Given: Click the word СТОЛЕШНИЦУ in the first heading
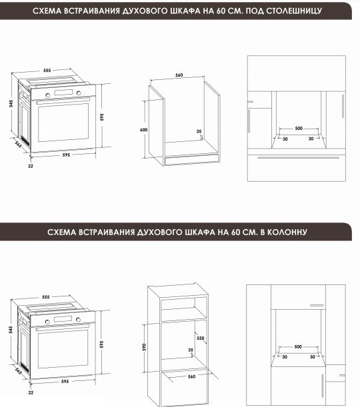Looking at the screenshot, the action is pos(294,11).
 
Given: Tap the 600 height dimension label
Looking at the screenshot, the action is pos(143,129).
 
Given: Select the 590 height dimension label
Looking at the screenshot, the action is pos(145,347).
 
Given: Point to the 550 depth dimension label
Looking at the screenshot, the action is pos(201,338).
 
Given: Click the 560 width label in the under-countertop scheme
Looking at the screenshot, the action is pos(179,75).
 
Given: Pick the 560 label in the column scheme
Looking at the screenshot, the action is pos(191,376).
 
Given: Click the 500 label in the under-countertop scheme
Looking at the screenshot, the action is pos(299,128).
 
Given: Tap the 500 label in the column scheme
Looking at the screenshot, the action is pos(298,346).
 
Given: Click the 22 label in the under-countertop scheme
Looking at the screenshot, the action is pos(31,166).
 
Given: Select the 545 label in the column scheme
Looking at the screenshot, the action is pos(11,330).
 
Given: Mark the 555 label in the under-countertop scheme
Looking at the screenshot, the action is pos(47,71).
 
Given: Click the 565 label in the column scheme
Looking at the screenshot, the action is pos(18,371).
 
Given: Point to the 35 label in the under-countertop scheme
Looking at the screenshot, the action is pos(199,131).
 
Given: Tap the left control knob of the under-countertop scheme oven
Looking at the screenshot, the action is pos(48,95).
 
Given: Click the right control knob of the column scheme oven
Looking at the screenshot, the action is pos(78,320).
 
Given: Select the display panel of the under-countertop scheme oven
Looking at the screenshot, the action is pos(63,93).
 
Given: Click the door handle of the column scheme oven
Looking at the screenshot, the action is pos(63,327).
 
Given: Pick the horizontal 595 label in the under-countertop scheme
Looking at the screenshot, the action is pos(66,155).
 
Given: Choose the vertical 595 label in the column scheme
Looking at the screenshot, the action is pos(101,344).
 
